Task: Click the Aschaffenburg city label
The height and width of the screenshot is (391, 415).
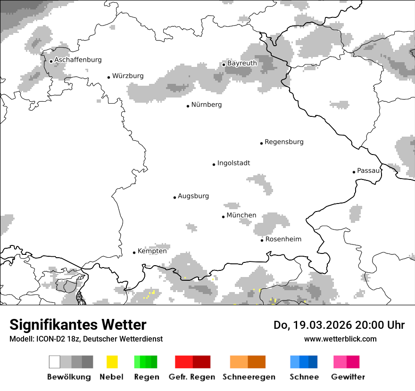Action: point(78,60)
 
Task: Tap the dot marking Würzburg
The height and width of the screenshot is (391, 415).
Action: point(108,77)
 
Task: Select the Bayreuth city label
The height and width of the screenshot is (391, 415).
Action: point(242,63)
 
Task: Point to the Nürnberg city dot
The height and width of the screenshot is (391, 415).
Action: point(188,106)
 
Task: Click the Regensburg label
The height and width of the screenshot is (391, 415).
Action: point(284,142)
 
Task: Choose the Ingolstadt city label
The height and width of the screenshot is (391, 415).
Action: point(233,163)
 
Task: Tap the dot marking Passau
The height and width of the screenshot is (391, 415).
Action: point(354,172)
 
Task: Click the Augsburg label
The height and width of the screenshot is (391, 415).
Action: point(193,196)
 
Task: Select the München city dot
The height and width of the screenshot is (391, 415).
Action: point(223,217)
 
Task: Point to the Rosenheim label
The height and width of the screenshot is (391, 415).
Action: point(283,239)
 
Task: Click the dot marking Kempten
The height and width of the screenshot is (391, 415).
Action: point(134,253)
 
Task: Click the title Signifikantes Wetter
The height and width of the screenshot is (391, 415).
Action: point(78,325)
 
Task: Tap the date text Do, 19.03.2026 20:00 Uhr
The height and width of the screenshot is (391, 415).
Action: point(339,325)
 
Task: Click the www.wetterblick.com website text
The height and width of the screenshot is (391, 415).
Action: point(340,339)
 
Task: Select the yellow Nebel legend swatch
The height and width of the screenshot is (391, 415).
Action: point(112,362)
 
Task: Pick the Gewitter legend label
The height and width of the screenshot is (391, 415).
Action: point(348,377)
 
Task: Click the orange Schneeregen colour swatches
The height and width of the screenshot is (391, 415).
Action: point(248,362)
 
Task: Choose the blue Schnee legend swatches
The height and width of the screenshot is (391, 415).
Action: point(304,362)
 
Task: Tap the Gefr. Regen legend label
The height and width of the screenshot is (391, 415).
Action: point(192,377)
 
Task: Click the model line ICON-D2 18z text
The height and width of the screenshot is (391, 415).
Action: point(86,339)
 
